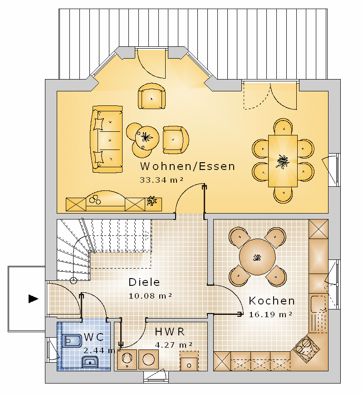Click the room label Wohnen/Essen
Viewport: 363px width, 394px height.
[187, 166]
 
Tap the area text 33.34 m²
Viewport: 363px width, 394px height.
[162, 180]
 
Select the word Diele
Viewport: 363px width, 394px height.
[144, 282]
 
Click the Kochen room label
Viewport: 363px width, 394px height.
[272, 301]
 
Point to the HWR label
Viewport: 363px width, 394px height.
[170, 332]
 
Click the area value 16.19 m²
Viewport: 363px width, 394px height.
[270, 314]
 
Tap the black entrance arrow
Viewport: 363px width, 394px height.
[34, 299]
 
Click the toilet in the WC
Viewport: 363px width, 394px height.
[72, 341]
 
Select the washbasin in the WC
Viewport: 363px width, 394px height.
[90, 362]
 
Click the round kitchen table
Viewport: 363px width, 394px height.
[257, 257]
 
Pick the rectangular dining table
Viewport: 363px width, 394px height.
[283, 161]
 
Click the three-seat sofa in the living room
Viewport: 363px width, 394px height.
[107, 139]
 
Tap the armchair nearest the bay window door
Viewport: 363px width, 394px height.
[152, 96]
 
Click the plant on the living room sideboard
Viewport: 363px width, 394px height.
[152, 201]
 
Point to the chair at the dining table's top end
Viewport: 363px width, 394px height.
[284, 127]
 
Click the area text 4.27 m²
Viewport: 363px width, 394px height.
[174, 345]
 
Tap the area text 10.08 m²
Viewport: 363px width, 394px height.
[150, 296]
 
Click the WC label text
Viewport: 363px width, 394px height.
[94, 337]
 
